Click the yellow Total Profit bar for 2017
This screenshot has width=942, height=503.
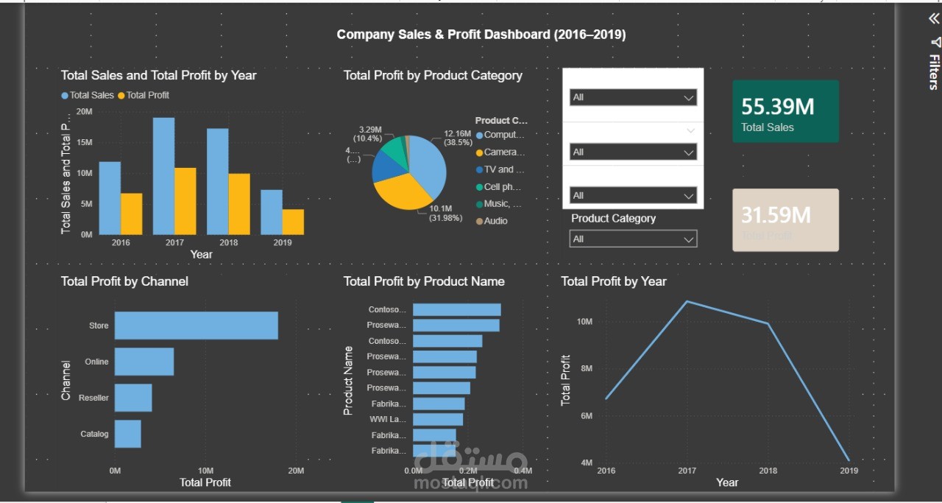point(185,201)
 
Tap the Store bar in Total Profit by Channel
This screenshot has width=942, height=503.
point(196,326)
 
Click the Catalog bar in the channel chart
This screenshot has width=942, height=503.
point(127,434)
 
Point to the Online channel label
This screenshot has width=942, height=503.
point(96,362)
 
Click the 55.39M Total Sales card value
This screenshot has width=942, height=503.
point(777,108)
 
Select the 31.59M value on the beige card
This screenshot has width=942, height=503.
point(776,215)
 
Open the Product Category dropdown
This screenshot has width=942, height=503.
point(633,239)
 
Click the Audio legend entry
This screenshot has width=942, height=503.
point(495,221)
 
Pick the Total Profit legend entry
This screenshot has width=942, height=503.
point(147,95)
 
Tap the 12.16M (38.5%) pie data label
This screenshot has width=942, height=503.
point(458,138)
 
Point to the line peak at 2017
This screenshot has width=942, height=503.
point(687,301)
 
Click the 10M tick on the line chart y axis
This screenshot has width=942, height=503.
point(585,322)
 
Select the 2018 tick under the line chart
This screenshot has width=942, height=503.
point(768,471)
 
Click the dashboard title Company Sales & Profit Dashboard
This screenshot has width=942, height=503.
point(481,35)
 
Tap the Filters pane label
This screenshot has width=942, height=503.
point(933,71)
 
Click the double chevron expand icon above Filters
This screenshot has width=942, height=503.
point(934,20)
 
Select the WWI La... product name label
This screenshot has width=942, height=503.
point(387,420)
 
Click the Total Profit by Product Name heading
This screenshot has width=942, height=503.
point(424,281)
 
